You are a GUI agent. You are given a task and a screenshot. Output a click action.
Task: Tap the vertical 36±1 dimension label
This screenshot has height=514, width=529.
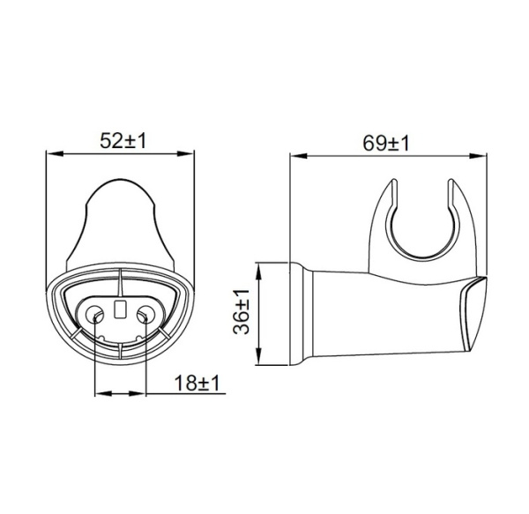click(240, 312)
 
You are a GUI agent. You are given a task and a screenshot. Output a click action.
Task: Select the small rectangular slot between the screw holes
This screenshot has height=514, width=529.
click(120, 309)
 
